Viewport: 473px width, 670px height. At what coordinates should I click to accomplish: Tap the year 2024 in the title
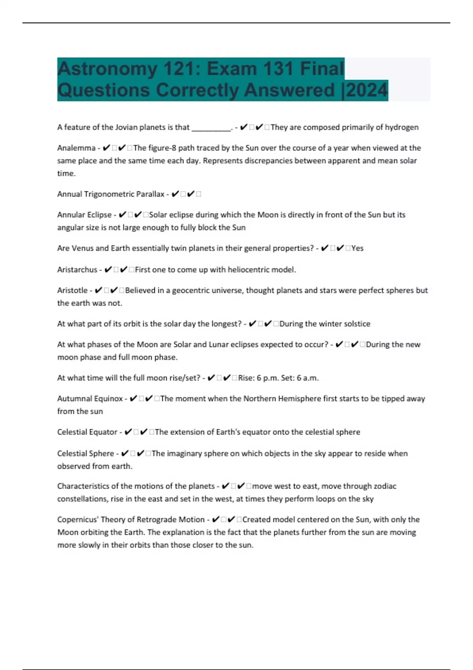point(367,90)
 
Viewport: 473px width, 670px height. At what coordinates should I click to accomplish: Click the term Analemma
point(76,148)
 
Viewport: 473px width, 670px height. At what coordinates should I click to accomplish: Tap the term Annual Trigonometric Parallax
point(111,194)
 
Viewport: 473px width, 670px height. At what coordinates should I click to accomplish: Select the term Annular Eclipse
point(84,215)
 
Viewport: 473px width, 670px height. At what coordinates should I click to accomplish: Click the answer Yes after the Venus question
point(357,248)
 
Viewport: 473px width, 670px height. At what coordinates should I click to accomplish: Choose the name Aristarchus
point(77,270)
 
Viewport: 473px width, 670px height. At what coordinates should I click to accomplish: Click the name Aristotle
point(72,290)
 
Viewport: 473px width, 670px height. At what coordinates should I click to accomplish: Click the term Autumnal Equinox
point(90,399)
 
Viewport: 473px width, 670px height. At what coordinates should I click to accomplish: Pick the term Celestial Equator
point(87,432)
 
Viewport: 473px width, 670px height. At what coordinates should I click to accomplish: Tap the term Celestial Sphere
point(85,454)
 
